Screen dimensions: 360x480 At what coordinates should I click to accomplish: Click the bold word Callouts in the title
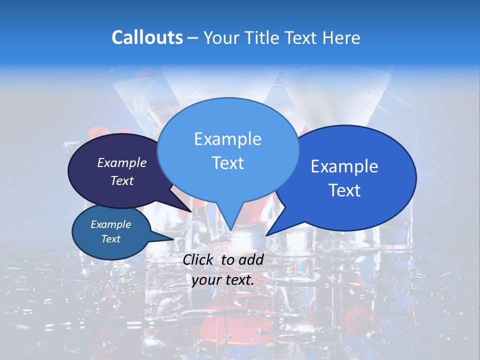(147, 37)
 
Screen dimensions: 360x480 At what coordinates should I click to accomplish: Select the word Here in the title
(341, 37)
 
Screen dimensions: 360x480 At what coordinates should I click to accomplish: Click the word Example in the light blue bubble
(227, 139)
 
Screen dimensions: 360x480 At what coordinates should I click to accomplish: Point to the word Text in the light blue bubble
(227, 163)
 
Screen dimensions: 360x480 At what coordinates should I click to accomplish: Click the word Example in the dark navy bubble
(121, 162)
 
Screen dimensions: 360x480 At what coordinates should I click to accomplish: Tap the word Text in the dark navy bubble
(121, 180)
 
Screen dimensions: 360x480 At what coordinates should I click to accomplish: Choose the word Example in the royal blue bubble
(344, 166)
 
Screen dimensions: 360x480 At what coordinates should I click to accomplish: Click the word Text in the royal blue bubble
(344, 190)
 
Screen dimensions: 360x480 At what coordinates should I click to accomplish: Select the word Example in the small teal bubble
(110, 224)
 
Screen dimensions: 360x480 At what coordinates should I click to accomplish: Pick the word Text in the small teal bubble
(110, 239)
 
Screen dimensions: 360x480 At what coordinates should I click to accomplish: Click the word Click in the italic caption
(199, 259)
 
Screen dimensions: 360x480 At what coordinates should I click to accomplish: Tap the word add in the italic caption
(251, 259)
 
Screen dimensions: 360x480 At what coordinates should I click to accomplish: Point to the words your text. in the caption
(223, 280)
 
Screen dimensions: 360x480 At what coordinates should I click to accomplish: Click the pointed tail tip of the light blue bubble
(230, 230)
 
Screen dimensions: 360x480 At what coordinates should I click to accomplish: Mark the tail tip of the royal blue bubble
(266, 235)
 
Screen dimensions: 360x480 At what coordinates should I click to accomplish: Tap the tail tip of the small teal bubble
(174, 239)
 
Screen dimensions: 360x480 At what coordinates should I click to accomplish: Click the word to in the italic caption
(227, 259)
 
